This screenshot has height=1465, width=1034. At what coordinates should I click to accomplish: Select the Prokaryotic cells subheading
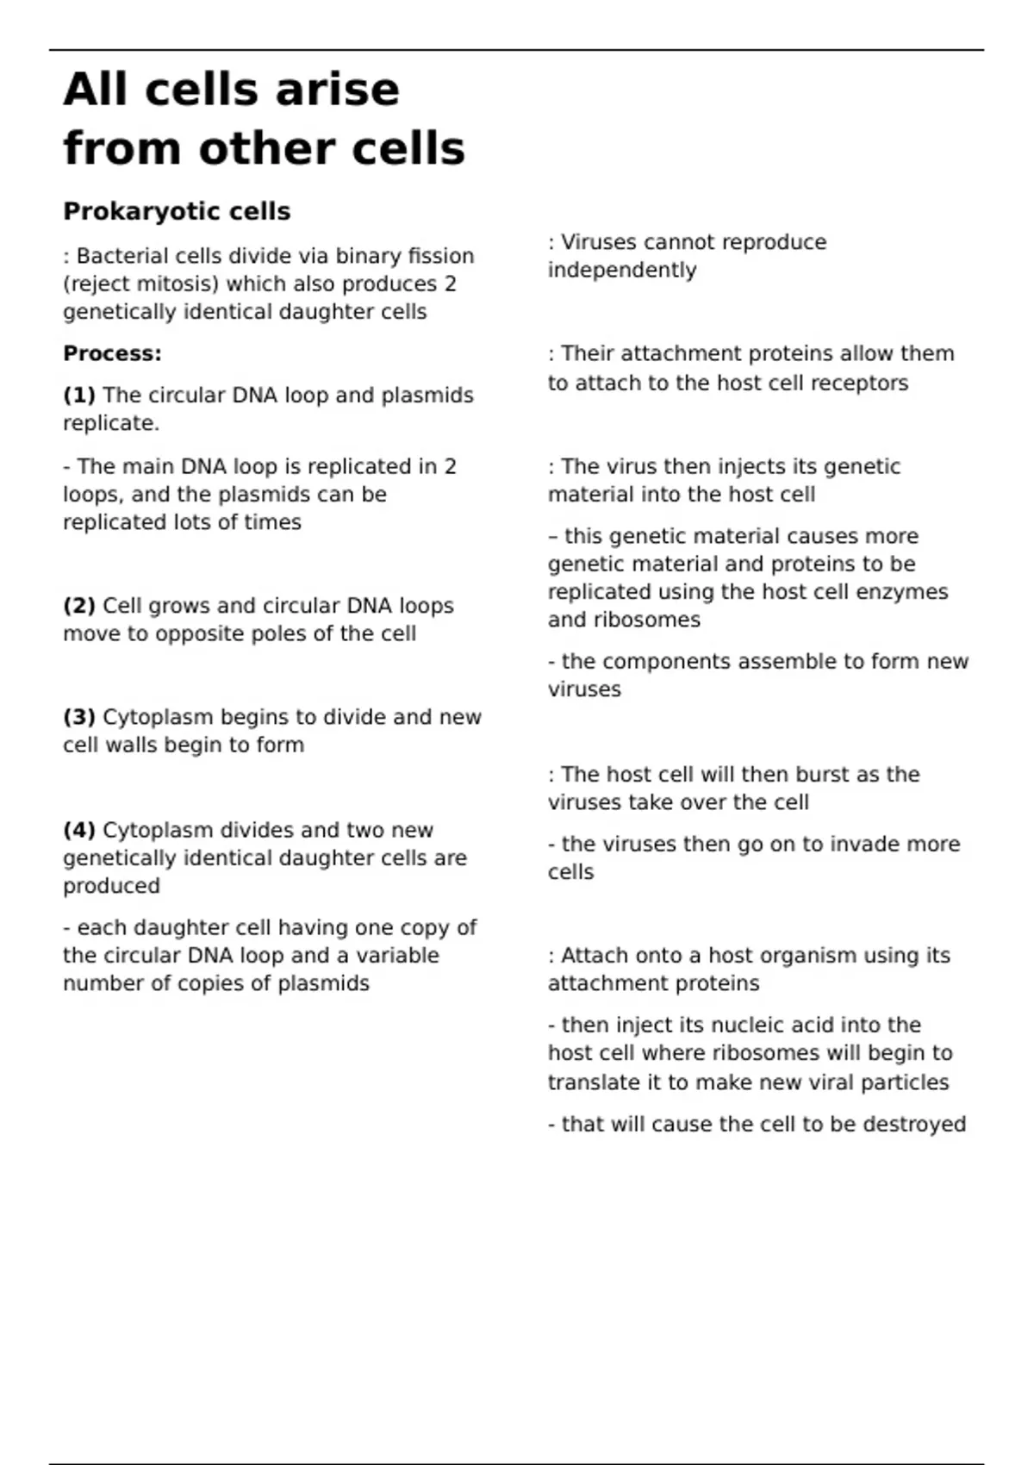177,211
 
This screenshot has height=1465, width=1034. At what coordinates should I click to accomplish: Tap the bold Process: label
112,353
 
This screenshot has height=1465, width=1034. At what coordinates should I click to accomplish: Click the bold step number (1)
79,396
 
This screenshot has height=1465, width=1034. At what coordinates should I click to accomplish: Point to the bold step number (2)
79,606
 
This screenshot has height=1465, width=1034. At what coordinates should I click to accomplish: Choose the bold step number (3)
79,717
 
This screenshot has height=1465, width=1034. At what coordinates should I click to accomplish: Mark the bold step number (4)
79,830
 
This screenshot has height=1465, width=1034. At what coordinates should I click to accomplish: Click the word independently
622,271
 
